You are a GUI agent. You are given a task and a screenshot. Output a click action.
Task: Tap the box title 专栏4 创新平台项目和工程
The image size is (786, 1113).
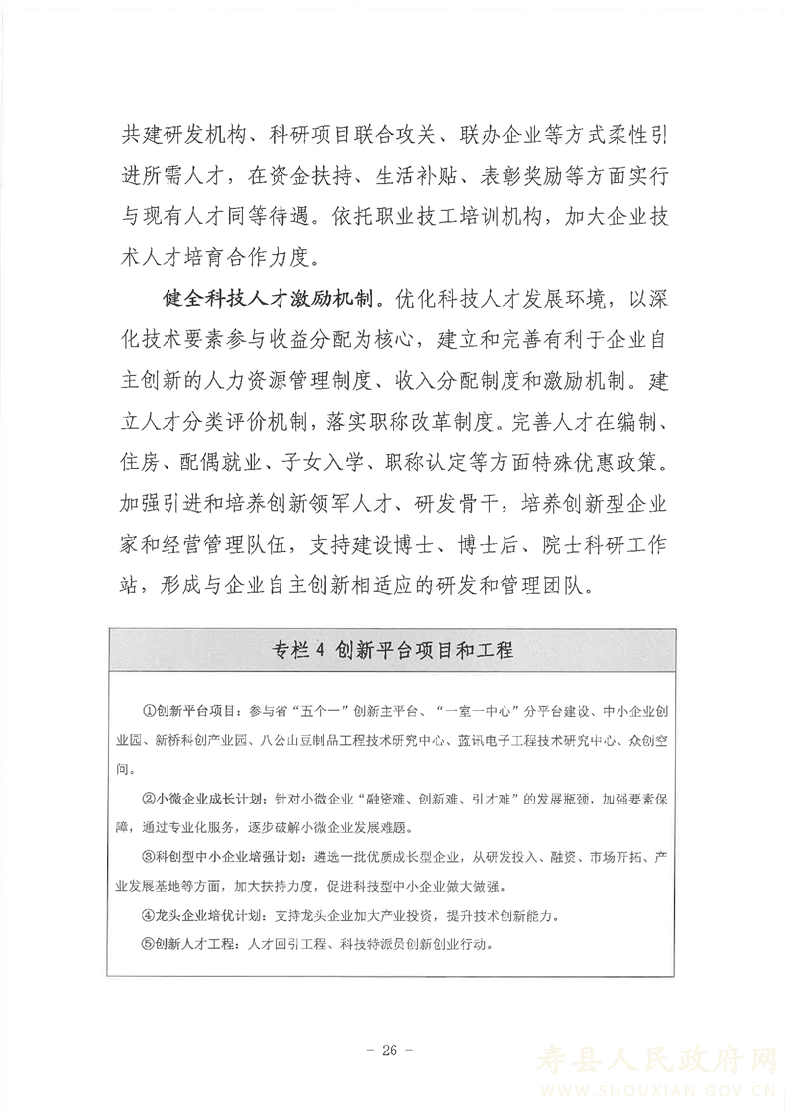[x=392, y=651]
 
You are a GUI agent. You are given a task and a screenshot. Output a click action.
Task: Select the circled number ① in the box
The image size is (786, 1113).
[x=150, y=712]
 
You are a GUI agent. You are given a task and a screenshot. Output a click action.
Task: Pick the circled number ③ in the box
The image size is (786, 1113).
[x=150, y=856]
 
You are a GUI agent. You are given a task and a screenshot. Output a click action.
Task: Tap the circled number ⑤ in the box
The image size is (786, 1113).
[x=150, y=942]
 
